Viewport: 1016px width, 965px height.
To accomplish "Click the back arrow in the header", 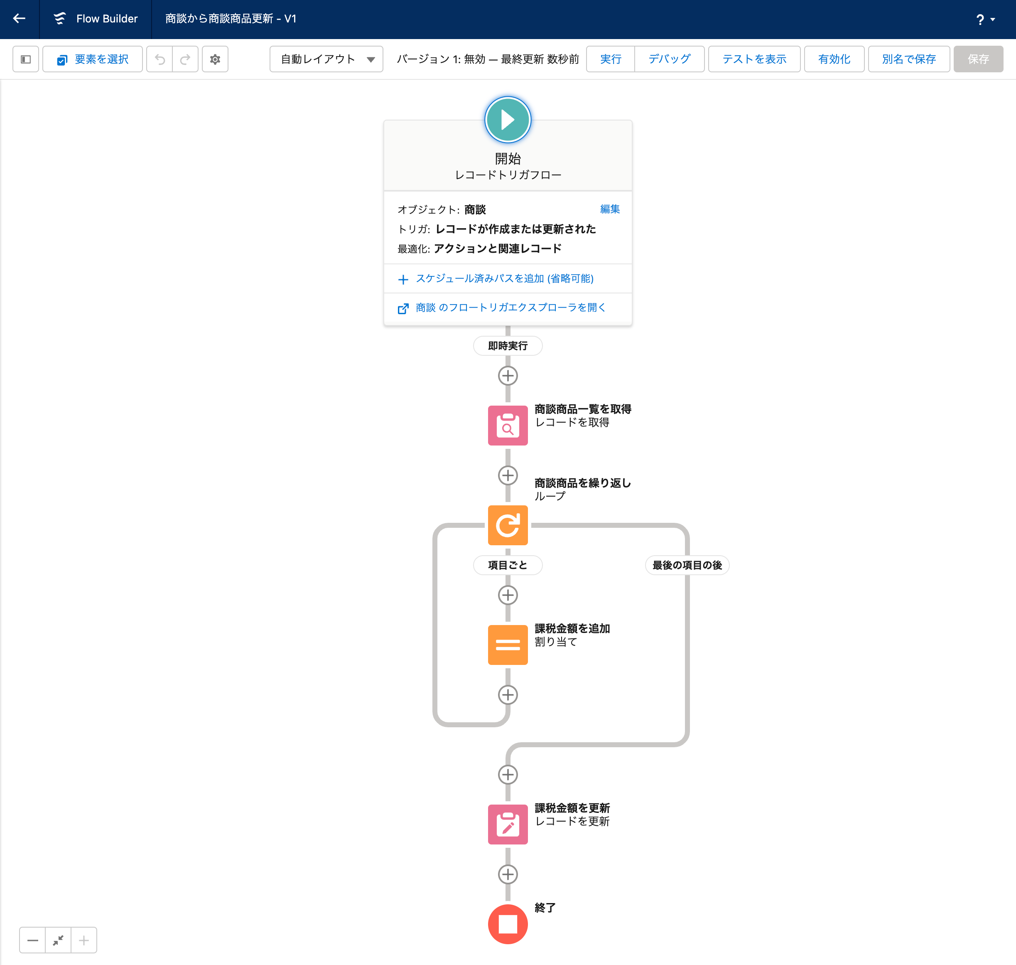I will (19, 19).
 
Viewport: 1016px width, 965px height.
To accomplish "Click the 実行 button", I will (610, 59).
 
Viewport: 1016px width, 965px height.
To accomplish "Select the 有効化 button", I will (834, 59).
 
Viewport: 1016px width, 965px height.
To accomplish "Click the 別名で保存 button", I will (908, 59).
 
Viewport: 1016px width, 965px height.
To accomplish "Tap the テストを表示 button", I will (754, 59).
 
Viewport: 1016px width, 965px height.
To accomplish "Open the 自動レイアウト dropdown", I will (326, 59).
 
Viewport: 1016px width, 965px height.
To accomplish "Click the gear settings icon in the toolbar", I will (215, 59).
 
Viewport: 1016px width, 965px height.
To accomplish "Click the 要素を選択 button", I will (93, 59).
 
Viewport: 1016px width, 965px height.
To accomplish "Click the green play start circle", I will (508, 120).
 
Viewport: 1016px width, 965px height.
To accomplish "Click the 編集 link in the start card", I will (610, 209).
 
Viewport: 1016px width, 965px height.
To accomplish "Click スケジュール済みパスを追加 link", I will (504, 278).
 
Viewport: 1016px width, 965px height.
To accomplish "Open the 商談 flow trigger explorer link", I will (510, 308).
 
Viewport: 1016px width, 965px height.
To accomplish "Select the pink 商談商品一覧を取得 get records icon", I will (508, 426).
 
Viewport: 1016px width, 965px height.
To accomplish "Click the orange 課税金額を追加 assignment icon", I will (508, 645).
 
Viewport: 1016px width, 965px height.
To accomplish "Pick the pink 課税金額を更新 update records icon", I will (508, 824).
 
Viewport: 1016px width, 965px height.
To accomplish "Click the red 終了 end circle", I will (508, 924).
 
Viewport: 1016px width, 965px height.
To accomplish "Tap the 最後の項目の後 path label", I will (687, 565).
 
